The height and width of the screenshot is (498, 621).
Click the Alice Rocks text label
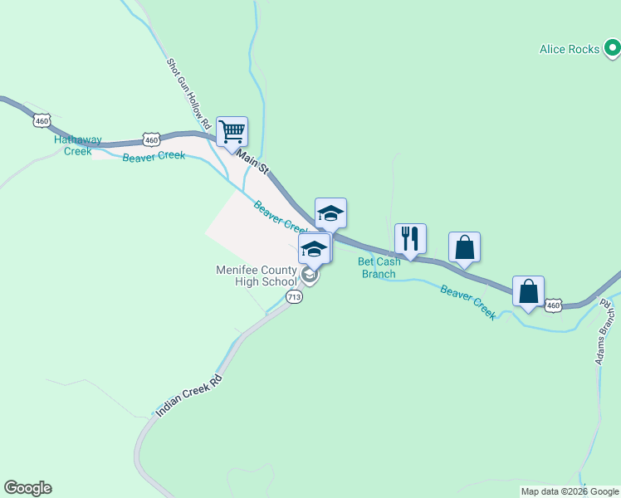tap(569, 50)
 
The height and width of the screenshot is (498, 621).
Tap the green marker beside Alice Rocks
tap(611, 50)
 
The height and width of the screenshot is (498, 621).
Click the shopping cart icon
tap(232, 131)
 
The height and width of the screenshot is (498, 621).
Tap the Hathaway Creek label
tap(73, 145)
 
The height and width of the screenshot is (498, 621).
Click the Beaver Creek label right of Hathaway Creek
tap(154, 157)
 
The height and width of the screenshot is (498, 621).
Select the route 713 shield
tap(294, 296)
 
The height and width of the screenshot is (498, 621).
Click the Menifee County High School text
tap(256, 276)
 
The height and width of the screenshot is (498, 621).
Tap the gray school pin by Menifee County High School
tap(309, 274)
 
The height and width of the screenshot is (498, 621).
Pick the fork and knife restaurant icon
tap(410, 238)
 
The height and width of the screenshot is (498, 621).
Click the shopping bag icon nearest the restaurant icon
tap(464, 247)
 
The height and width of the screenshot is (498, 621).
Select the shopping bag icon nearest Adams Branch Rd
tap(528, 291)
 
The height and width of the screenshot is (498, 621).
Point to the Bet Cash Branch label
tap(379, 267)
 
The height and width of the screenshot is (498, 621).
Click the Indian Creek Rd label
tap(189, 394)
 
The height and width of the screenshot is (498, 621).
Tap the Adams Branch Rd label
tap(605, 332)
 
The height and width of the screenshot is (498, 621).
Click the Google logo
tap(27, 488)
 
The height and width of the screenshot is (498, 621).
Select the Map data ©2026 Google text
tap(570, 491)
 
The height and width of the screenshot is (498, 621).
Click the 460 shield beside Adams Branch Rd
tap(555, 306)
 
